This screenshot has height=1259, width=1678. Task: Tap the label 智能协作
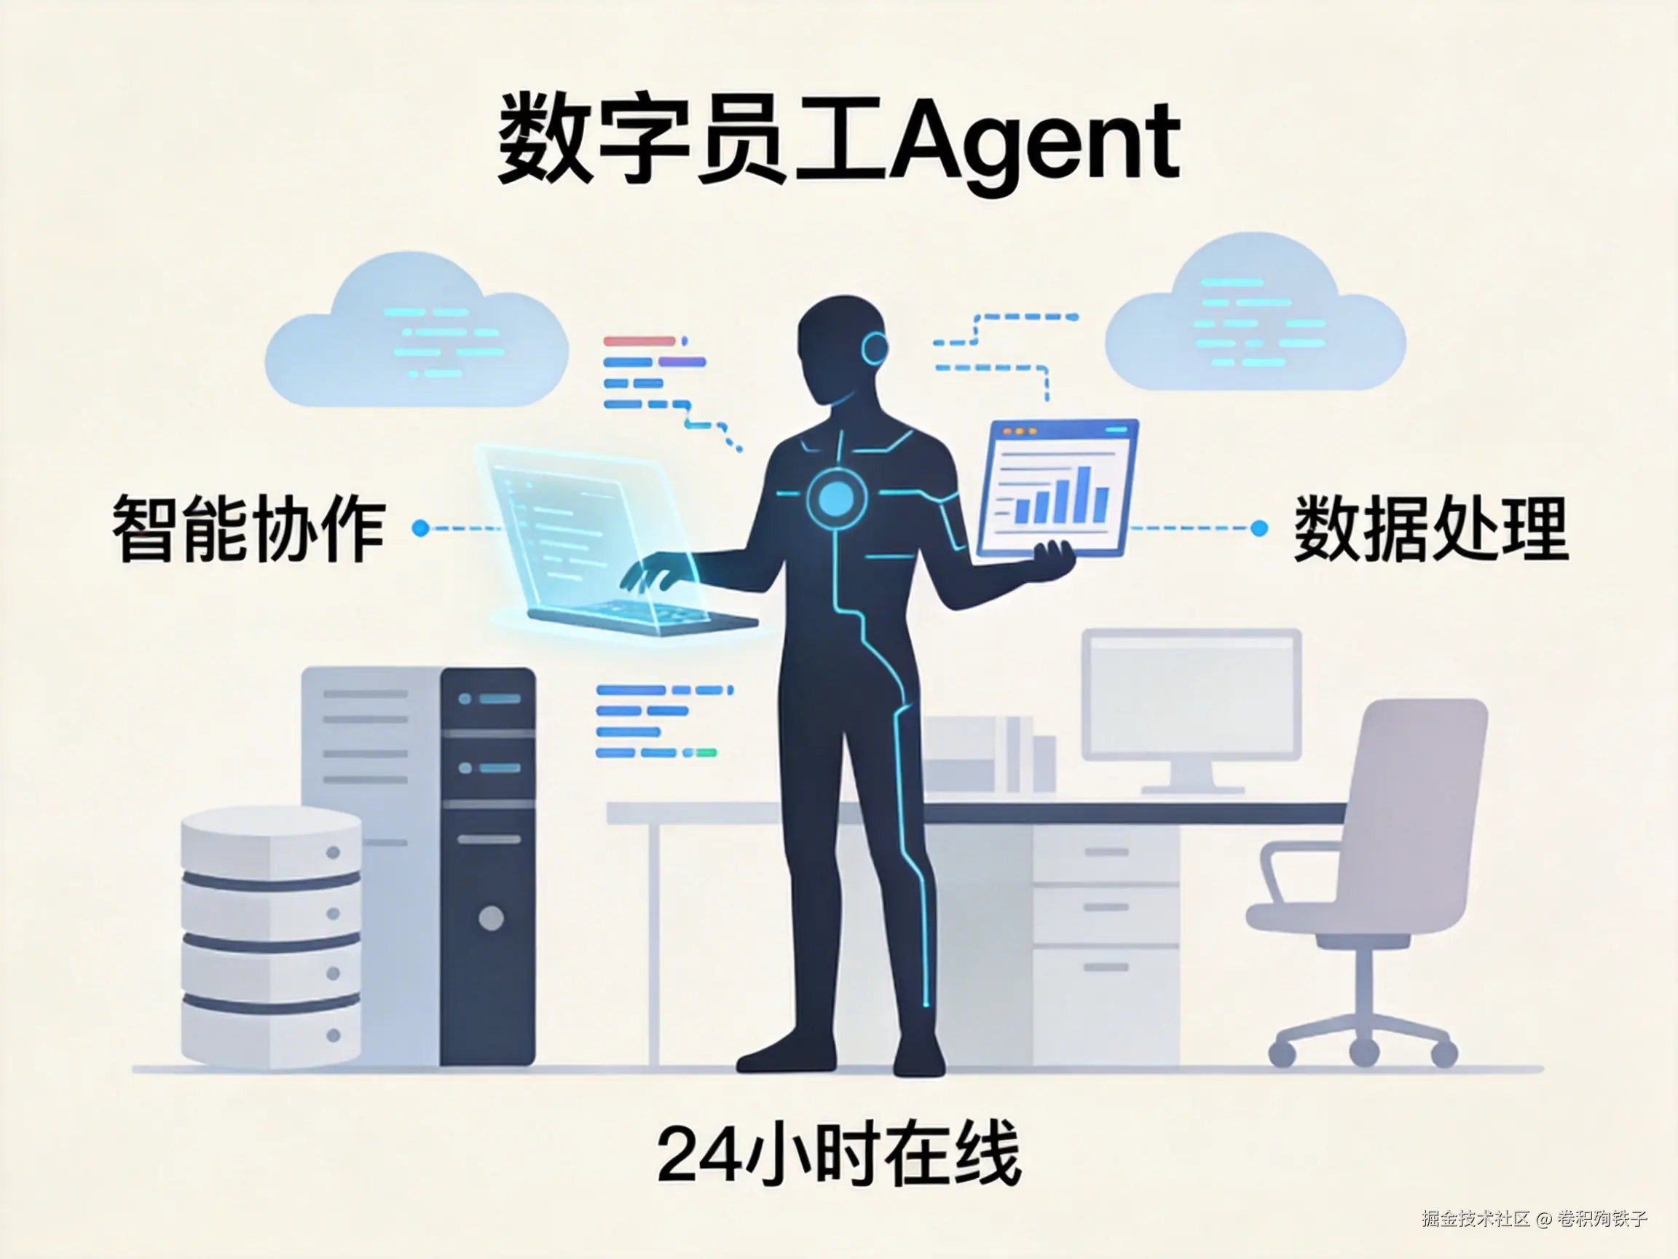tap(249, 528)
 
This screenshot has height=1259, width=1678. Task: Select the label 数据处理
tap(1430, 528)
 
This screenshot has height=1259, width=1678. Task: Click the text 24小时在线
tap(838, 1156)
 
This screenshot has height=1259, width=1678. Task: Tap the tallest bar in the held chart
tap(1084, 493)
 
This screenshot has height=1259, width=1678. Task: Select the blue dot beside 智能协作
tap(420, 528)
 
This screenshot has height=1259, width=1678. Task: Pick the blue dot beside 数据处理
tap(1258, 528)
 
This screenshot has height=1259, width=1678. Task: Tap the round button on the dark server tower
tap(491, 918)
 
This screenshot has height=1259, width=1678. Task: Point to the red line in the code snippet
tap(639, 342)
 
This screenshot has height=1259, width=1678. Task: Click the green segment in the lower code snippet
tap(706, 753)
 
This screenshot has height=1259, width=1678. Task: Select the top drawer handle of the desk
tap(1106, 852)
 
